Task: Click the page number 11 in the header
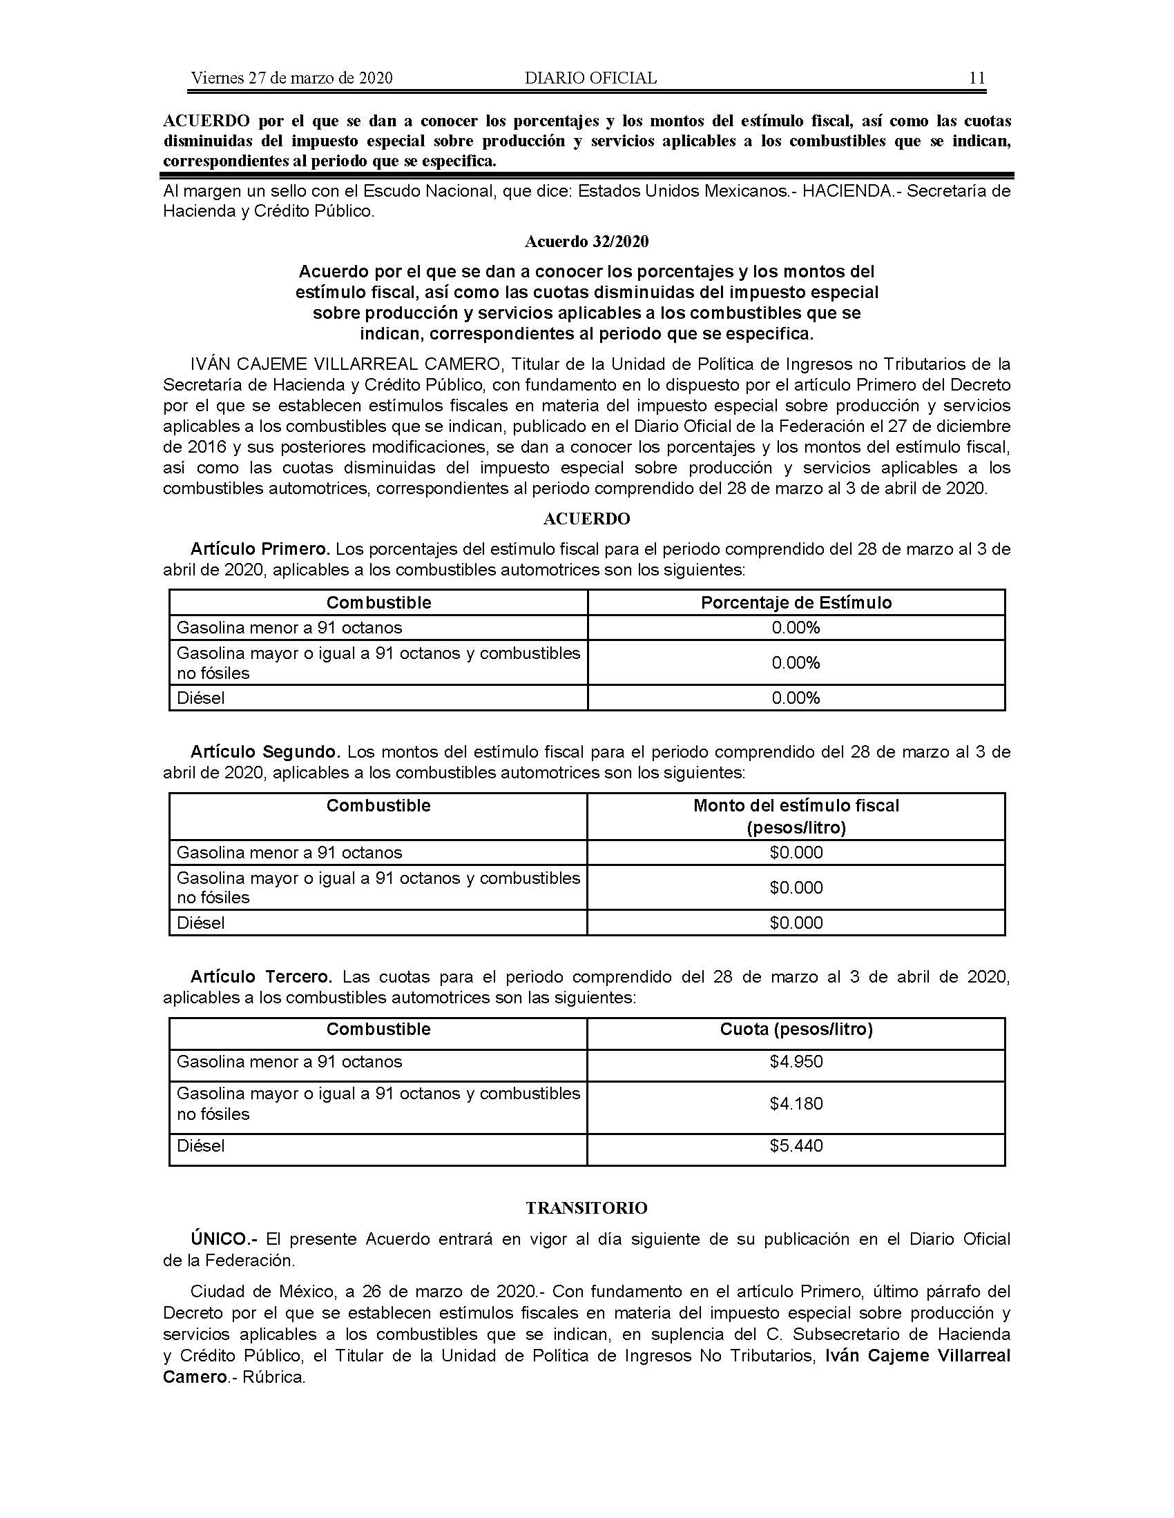coord(976,78)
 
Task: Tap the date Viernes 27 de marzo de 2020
coord(291,78)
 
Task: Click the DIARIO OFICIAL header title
coord(590,78)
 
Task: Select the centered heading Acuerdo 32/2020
coord(586,241)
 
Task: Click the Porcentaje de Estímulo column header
coord(796,602)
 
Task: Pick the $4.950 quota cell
coord(796,1061)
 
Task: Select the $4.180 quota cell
coord(796,1103)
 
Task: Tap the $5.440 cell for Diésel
coord(796,1145)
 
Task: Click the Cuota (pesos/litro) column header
coord(796,1029)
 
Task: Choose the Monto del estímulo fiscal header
coord(796,806)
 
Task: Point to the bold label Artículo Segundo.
coord(265,752)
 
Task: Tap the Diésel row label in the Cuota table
coord(201,1145)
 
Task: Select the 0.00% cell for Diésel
coord(796,698)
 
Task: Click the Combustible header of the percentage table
coord(378,602)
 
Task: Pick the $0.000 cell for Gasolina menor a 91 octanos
coord(796,852)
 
